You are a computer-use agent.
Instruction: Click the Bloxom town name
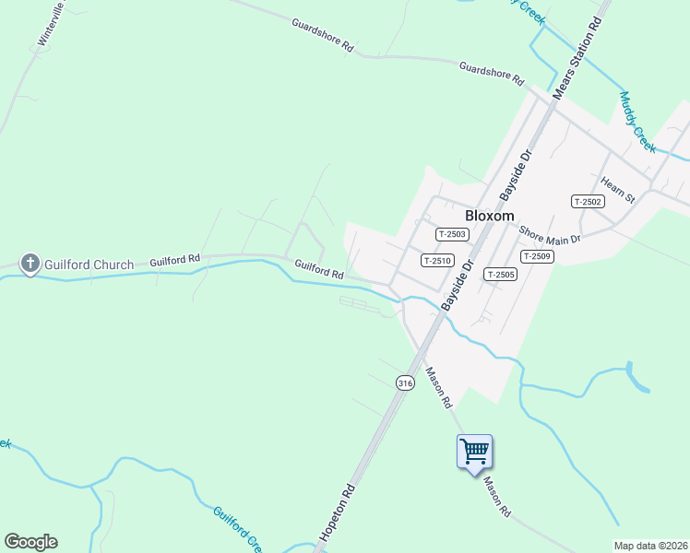tap(489, 215)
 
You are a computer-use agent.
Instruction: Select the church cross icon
tap(30, 265)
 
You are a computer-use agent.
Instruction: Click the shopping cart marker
tap(474, 452)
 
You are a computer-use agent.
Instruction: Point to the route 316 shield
tap(404, 382)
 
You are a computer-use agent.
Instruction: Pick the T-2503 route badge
tap(452, 235)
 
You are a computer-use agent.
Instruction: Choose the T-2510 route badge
tap(436, 261)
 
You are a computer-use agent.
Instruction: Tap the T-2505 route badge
tap(500, 275)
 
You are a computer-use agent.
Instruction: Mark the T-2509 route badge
tap(537, 256)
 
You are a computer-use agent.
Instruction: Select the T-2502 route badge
tap(588, 202)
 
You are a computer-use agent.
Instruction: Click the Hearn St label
tap(618, 191)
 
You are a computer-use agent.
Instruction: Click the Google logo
tap(30, 542)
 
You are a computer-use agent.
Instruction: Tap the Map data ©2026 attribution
tap(650, 546)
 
